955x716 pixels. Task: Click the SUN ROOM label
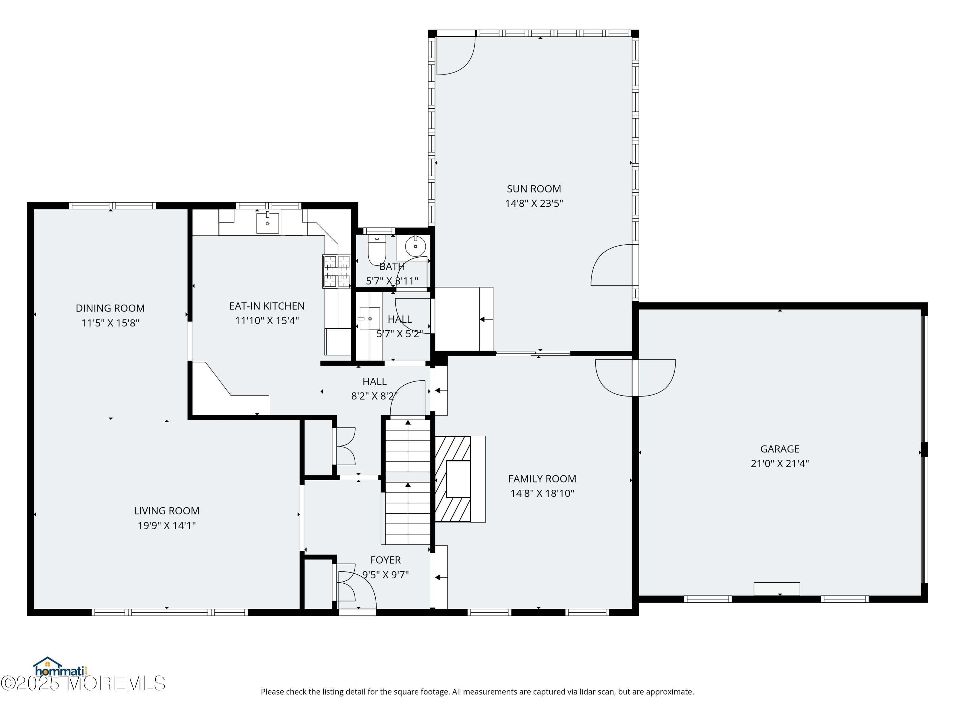[534, 189]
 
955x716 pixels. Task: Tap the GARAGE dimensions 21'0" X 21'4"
[779, 464]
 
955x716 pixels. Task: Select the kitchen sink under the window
[268, 223]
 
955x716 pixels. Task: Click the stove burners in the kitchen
[337, 271]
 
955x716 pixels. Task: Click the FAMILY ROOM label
[542, 479]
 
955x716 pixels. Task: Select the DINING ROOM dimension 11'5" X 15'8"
[110, 323]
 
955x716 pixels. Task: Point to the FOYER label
[385, 560]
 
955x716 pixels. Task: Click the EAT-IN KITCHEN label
[267, 306]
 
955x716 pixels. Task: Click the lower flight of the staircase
[407, 514]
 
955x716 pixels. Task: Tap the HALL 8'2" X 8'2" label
[374, 389]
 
